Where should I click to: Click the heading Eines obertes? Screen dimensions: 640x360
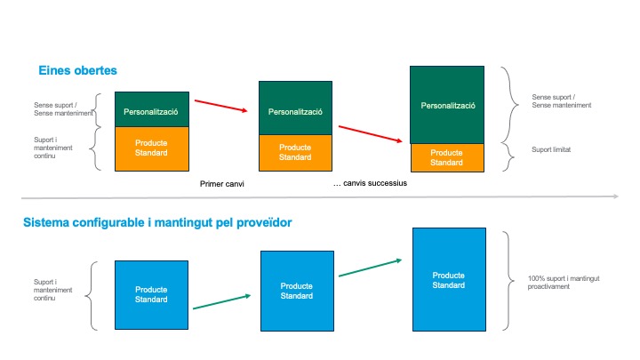77,70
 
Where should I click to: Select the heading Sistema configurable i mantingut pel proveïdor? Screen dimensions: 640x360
157,222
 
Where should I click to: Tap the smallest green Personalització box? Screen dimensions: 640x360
152,109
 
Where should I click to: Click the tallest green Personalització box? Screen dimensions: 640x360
447,105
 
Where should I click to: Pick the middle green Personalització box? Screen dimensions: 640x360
295,108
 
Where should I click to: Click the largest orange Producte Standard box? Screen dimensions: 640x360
152,148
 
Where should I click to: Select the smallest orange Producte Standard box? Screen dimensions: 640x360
447,157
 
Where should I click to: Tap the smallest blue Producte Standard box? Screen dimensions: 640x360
151,295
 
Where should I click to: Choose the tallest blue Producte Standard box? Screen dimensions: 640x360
449,279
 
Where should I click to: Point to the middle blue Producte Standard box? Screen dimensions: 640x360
297,291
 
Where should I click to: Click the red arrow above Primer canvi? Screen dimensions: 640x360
220,106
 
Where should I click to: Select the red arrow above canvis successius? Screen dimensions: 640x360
370,134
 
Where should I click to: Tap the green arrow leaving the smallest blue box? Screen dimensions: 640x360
221,301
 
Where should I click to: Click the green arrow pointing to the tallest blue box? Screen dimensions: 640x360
370,268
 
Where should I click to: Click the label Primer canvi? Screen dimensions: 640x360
222,184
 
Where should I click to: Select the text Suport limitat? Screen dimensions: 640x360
551,150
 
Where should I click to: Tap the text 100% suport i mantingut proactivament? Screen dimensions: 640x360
564,283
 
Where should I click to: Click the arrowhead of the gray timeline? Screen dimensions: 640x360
615,196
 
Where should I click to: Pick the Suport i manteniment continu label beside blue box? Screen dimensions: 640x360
52,290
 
